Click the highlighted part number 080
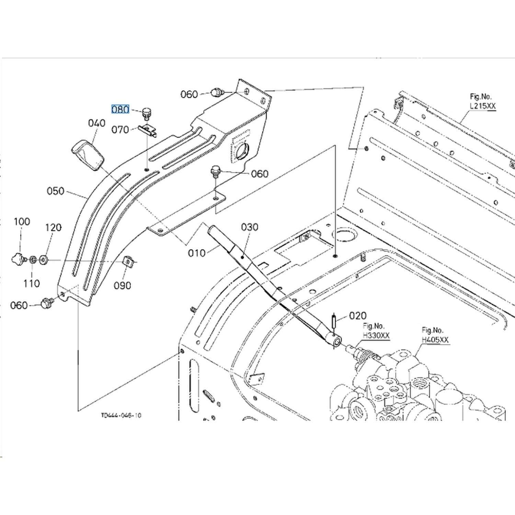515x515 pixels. (x=120, y=110)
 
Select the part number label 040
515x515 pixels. (x=97, y=123)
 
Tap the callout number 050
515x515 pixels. (x=55, y=191)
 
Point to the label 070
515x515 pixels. (x=120, y=130)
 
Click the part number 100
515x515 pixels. (x=22, y=222)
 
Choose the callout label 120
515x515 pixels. (x=53, y=227)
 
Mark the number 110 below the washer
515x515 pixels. (x=32, y=283)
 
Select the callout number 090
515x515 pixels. (x=123, y=285)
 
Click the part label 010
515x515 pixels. (x=197, y=253)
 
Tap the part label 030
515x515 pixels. (x=250, y=227)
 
